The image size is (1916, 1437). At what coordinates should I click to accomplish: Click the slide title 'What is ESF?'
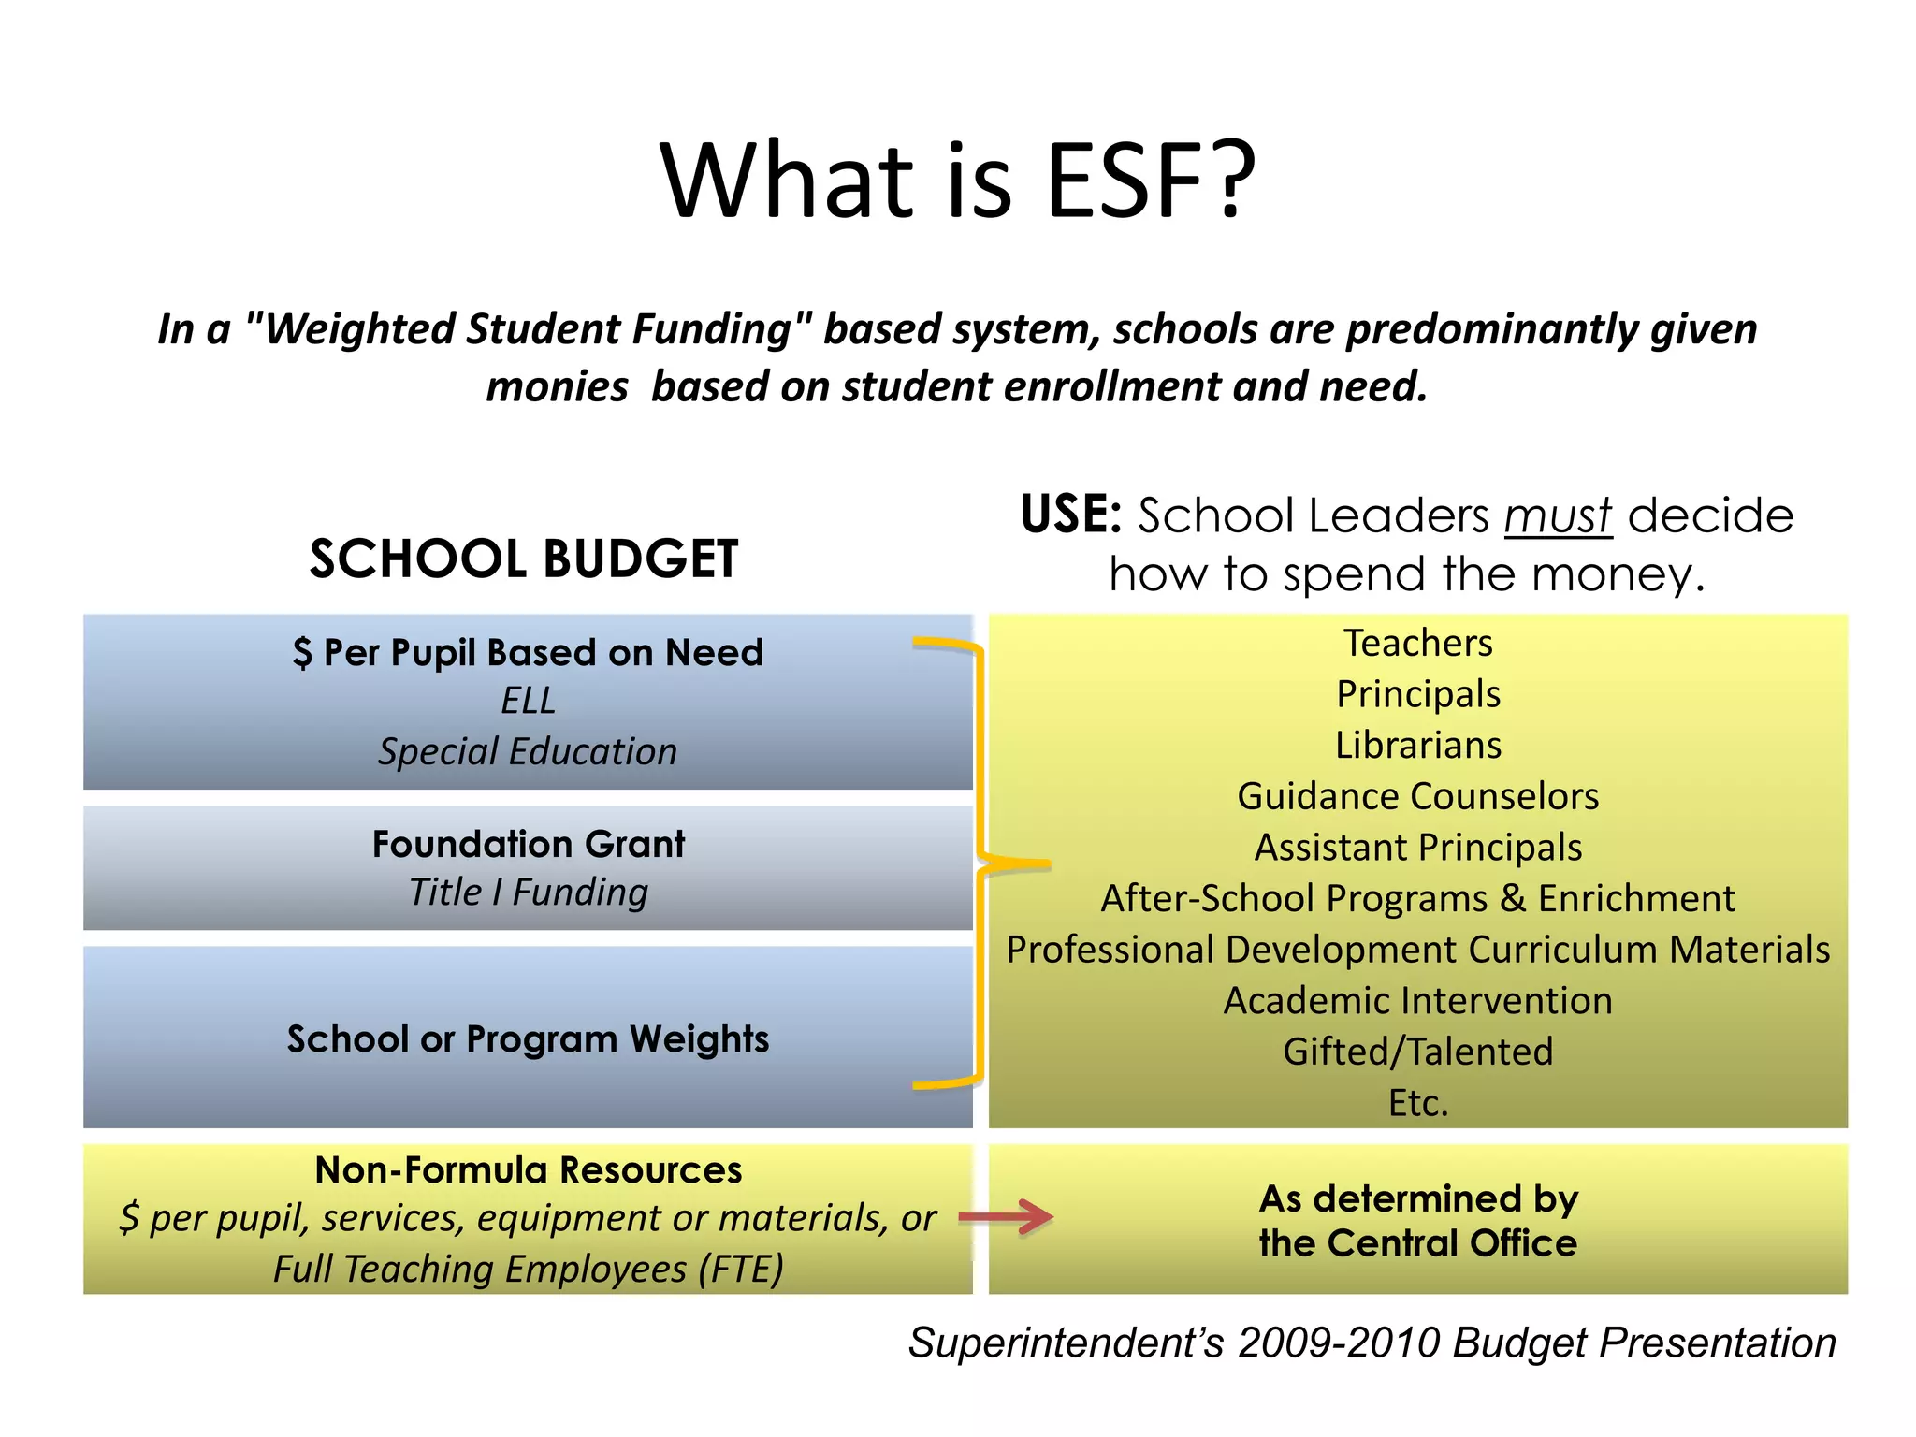coord(957,180)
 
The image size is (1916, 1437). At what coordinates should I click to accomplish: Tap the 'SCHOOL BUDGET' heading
coord(524,559)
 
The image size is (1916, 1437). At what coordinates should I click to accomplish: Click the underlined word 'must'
coord(1558,516)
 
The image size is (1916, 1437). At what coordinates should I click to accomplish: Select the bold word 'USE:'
coord(1070,515)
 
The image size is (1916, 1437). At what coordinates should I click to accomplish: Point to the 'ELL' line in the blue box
coord(528,701)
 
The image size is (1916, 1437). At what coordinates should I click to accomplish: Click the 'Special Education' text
coord(528,752)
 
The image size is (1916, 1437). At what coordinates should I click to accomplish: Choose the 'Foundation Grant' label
coord(529,844)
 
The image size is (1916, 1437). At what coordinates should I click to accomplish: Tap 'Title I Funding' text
coord(529,893)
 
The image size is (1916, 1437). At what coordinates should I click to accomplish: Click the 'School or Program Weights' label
coord(528,1039)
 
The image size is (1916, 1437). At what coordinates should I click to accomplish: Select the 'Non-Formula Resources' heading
coord(529,1170)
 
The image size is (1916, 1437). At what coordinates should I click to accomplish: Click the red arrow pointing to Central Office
coord(1007,1217)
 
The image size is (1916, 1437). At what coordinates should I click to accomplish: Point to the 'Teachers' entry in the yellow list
coord(1417,644)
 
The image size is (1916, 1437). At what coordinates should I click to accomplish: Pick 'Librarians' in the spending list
coord(1417,746)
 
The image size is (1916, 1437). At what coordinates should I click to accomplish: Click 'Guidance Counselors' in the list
coord(1417,796)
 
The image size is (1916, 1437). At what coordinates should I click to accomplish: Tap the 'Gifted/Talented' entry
coord(1417,1052)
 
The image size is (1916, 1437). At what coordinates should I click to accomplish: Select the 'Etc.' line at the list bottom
coord(1417,1103)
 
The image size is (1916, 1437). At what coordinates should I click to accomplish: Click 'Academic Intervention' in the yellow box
coord(1417,1001)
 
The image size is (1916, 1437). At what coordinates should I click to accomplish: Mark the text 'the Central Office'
coord(1417,1243)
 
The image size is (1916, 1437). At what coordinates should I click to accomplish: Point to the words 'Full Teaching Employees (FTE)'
coord(529,1270)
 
